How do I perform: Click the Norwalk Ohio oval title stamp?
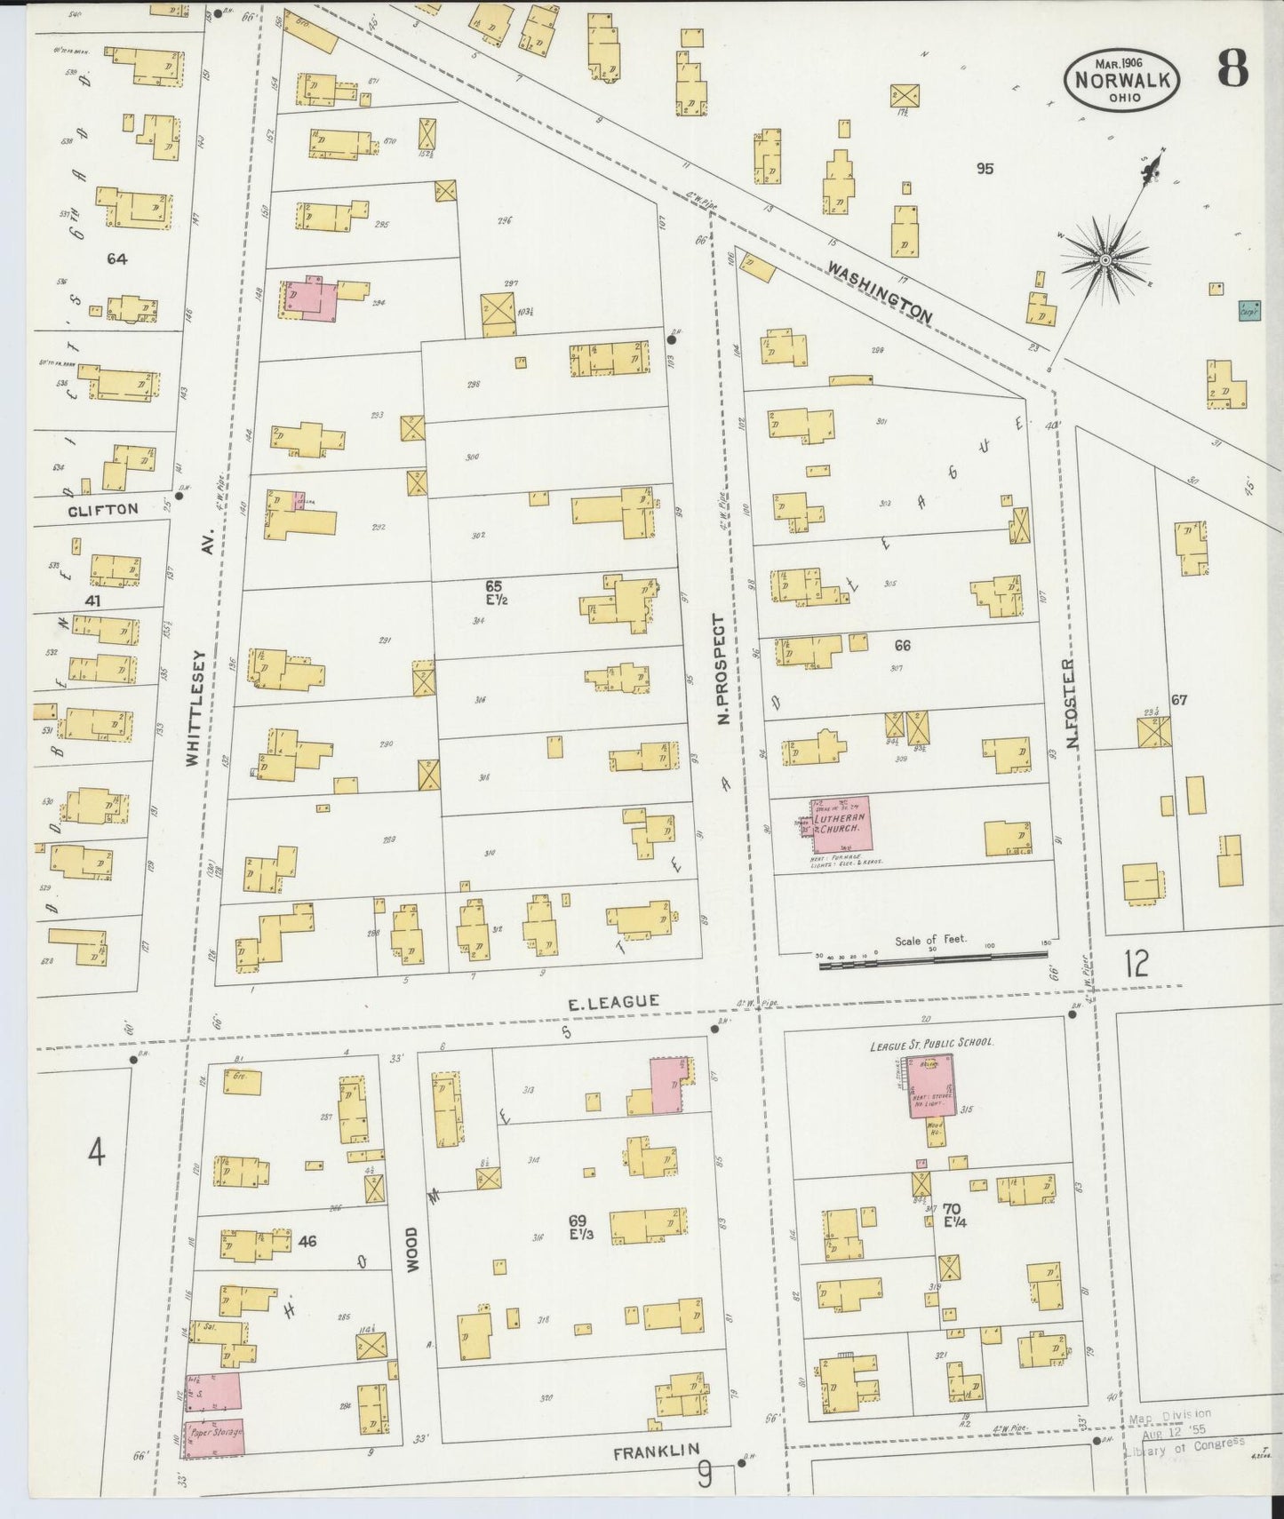(x=1123, y=79)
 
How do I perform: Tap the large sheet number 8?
(x=1232, y=68)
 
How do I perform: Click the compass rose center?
(x=1105, y=259)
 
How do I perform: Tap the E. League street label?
(x=614, y=1002)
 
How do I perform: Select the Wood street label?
(x=411, y=1250)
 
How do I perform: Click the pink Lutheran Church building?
(x=839, y=824)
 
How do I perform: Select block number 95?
(x=985, y=168)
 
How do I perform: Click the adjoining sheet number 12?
(x=1136, y=963)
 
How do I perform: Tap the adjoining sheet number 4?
(x=96, y=1154)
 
